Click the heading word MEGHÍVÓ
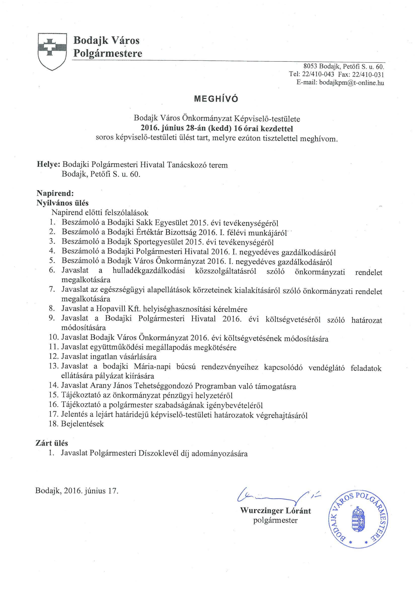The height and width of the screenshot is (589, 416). coord(216,99)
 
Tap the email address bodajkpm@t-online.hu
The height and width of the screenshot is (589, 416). coord(351,83)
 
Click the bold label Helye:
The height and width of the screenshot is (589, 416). coord(48,165)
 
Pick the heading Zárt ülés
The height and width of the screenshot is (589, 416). coord(52,443)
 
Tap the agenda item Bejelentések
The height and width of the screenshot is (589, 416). coord(82,424)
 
